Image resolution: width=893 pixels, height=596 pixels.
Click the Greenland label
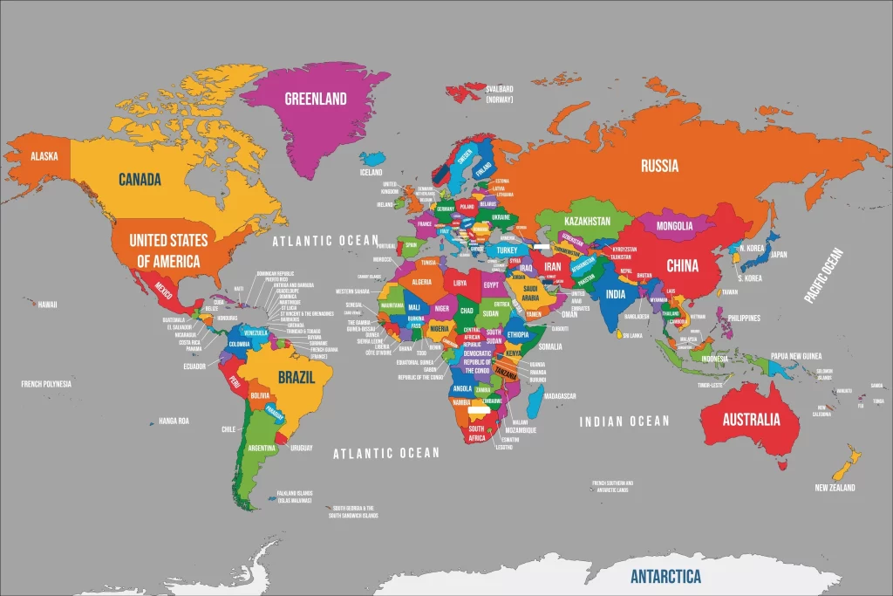pyautogui.click(x=316, y=99)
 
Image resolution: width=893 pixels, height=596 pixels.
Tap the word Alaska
pyautogui.click(x=44, y=156)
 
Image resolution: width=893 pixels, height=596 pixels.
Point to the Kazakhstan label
pyautogui.click(x=587, y=222)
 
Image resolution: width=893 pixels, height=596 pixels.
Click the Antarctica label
pyautogui.click(x=665, y=577)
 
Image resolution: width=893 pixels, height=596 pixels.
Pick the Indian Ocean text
pyautogui.click(x=624, y=421)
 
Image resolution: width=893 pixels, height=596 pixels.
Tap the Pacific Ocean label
pyautogui.click(x=823, y=276)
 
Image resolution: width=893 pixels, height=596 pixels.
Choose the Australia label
pyautogui.click(x=751, y=420)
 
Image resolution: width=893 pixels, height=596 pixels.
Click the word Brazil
pyautogui.click(x=297, y=378)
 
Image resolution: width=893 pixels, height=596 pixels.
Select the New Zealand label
pyautogui.click(x=835, y=488)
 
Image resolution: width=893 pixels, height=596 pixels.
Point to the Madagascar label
pyautogui.click(x=559, y=396)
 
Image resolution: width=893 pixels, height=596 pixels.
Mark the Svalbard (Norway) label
pyautogui.click(x=500, y=93)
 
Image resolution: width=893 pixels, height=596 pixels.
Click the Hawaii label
pyautogui.click(x=47, y=305)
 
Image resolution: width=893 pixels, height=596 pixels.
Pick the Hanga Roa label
pyautogui.click(x=174, y=421)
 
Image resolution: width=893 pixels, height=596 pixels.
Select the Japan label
pyautogui.click(x=779, y=255)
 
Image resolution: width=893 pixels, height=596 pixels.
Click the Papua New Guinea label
pyautogui.click(x=796, y=356)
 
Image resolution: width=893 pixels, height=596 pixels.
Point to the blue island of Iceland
pyautogui.click(x=372, y=159)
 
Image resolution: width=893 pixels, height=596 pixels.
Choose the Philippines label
pyautogui.click(x=744, y=318)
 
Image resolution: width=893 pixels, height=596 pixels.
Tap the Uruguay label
pyautogui.click(x=302, y=448)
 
